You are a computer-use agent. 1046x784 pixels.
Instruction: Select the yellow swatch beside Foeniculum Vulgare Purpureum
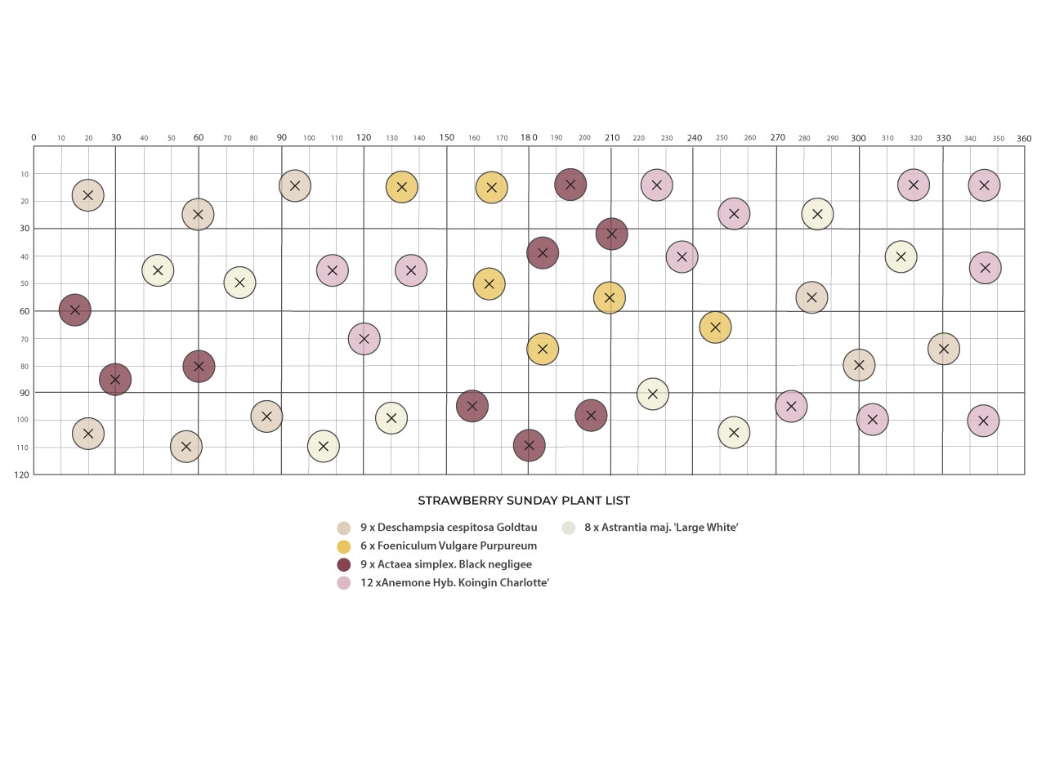(343, 546)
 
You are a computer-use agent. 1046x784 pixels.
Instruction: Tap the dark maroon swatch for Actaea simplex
(343, 565)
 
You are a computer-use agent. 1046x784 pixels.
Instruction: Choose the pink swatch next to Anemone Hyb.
(343, 583)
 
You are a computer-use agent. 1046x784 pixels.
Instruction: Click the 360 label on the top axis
(1024, 139)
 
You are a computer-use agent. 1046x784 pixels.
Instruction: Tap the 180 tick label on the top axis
(529, 137)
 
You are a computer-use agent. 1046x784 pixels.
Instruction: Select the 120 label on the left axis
(21, 474)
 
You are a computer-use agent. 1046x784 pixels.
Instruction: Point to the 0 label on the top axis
(34, 137)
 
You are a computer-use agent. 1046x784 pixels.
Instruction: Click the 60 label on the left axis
(25, 311)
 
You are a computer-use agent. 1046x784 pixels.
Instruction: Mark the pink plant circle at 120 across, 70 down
(364, 339)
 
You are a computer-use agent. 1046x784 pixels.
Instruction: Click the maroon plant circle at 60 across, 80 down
(199, 367)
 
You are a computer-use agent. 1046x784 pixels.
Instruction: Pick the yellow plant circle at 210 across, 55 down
(610, 298)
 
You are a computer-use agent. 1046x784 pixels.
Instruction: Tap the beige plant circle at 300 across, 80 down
(859, 365)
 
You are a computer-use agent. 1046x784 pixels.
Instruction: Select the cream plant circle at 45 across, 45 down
(158, 270)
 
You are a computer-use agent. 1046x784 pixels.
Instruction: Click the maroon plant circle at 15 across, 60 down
(75, 310)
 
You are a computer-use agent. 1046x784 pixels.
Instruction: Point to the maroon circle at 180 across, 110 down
(529, 446)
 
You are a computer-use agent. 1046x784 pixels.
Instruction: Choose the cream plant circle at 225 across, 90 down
(653, 394)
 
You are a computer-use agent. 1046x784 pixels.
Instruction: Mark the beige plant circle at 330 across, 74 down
(944, 349)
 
